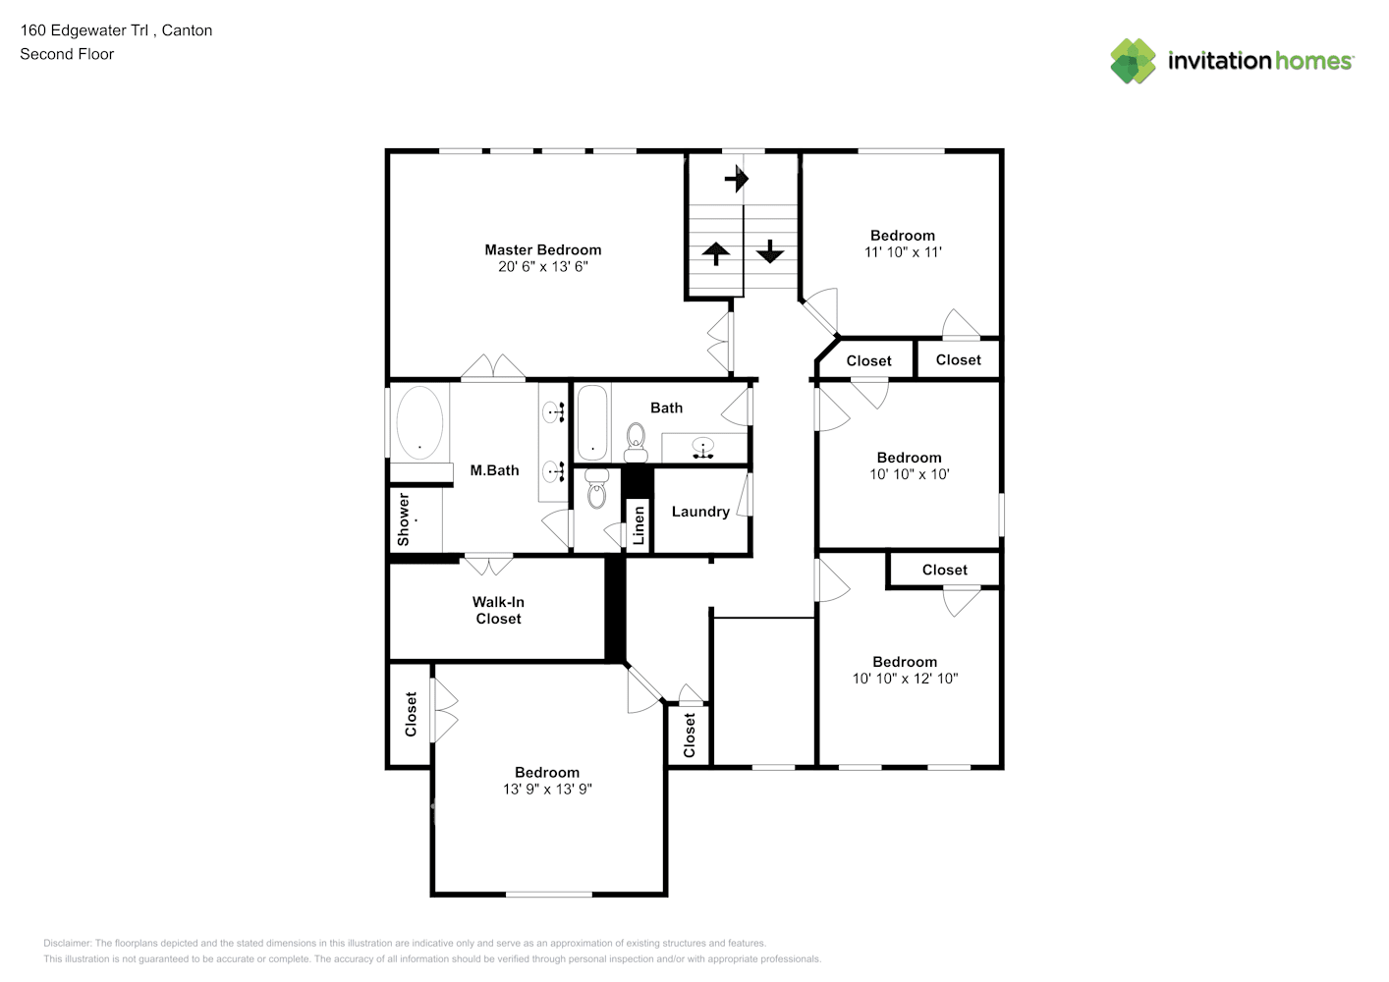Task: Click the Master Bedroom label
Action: coord(542,249)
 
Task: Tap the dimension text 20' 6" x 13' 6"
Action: coord(542,266)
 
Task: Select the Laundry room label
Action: coord(700,512)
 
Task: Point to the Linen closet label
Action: coord(639,525)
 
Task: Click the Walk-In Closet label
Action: coord(498,610)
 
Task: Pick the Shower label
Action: coord(404,519)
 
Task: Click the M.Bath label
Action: coord(494,470)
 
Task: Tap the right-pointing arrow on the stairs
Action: coord(737,179)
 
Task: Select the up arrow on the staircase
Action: coord(716,253)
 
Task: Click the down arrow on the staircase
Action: coord(770,251)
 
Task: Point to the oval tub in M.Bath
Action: coord(419,423)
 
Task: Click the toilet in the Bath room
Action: coord(636,443)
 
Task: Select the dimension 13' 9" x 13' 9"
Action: coord(547,790)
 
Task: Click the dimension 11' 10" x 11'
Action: coord(903,252)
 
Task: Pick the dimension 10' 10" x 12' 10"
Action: coord(905,679)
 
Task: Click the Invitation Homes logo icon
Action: coord(1133,61)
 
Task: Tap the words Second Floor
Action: coord(67,55)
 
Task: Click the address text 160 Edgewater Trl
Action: coord(83,30)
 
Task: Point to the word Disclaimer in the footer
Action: coord(67,943)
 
